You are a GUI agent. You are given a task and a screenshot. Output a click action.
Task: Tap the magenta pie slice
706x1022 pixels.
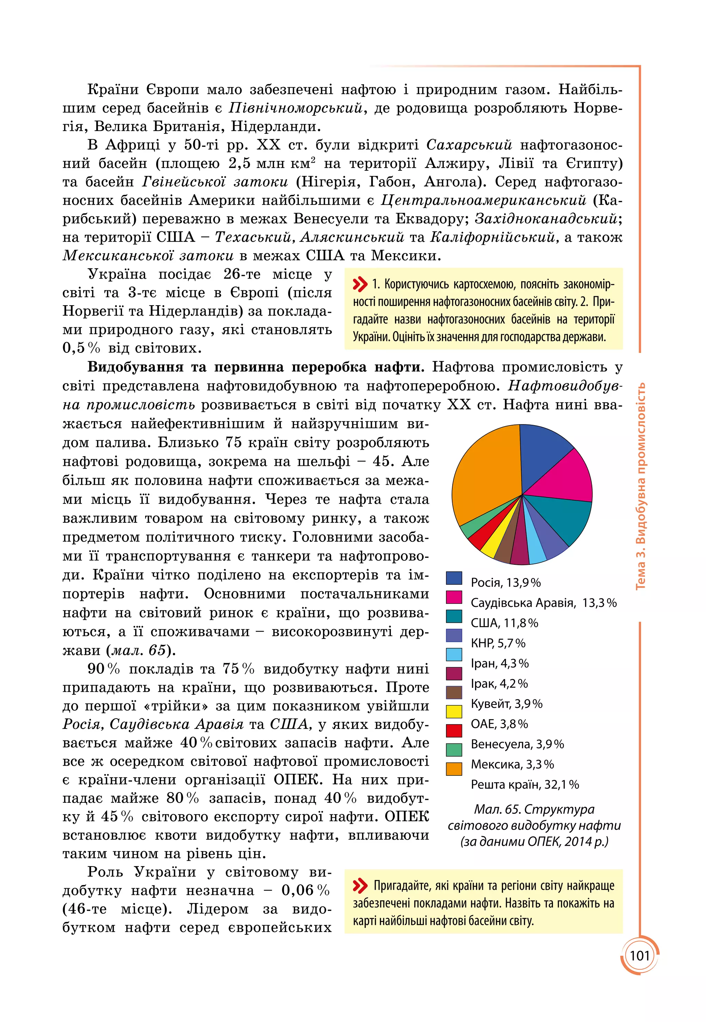click(x=566, y=480)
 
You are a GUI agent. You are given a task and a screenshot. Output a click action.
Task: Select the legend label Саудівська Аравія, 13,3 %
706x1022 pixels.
click(x=543, y=603)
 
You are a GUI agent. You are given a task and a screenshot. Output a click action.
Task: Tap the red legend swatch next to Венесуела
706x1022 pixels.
click(x=454, y=730)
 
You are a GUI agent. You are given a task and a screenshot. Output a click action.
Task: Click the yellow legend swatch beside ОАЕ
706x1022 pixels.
click(x=454, y=711)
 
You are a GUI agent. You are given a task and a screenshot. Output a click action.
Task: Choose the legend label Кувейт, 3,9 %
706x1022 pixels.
click(x=506, y=703)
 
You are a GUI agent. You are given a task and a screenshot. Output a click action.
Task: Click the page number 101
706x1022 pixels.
click(x=639, y=956)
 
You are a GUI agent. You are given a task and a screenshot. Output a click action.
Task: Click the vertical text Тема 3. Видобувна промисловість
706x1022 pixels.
click(x=640, y=487)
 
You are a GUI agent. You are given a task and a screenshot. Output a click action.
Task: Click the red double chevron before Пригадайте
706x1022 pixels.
click(x=360, y=886)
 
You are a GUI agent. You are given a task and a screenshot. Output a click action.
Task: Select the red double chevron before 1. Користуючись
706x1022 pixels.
click(x=360, y=284)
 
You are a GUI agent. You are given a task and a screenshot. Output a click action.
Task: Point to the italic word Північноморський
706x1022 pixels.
click(x=296, y=108)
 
